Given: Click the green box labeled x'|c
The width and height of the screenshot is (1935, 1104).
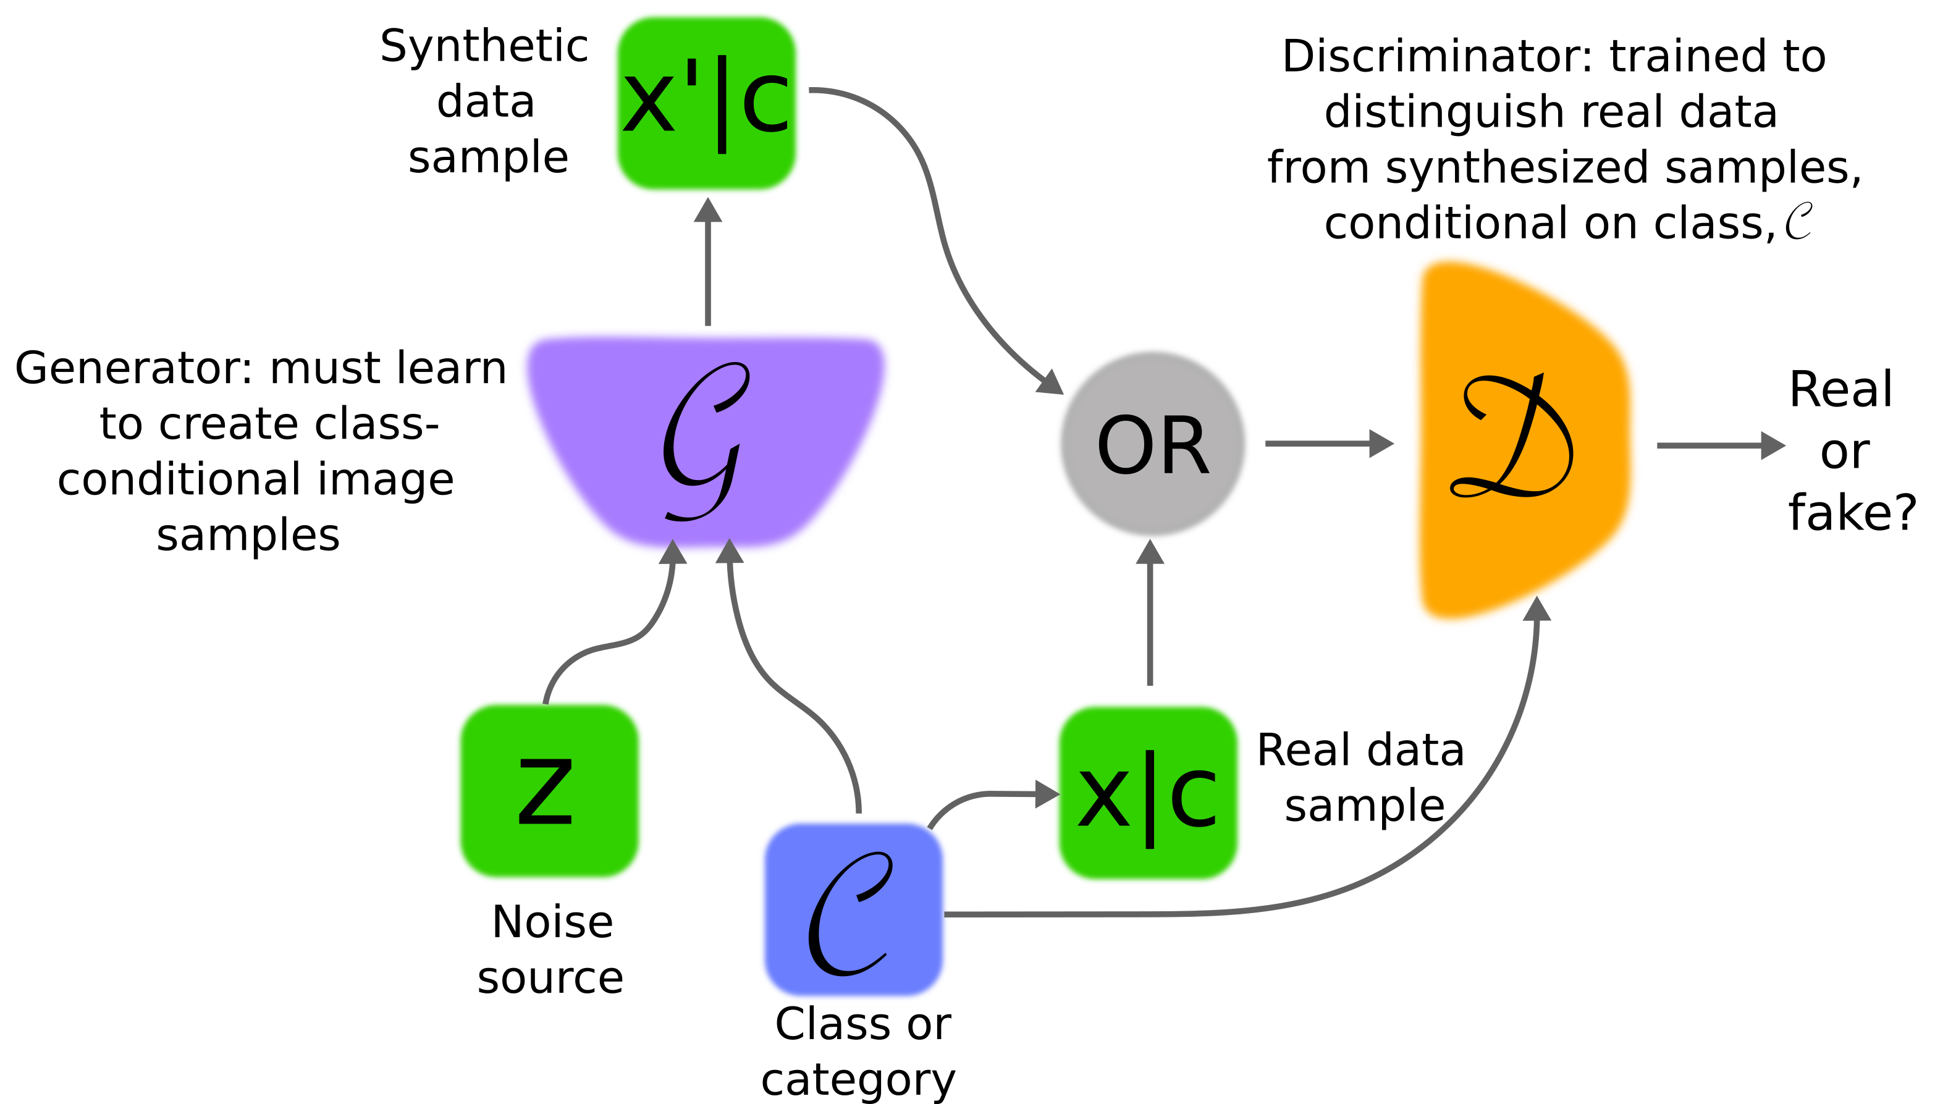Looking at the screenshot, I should click(706, 103).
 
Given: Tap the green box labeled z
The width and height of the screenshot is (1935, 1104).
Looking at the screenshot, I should click(549, 791).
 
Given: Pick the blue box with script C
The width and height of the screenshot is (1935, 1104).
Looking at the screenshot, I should click(853, 909).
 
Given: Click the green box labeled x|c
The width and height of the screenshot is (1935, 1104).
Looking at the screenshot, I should click(1147, 793).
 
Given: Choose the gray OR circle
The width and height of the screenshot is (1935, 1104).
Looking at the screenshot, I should click(1152, 444).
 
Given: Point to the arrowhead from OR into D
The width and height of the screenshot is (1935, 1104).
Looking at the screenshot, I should click(1381, 444).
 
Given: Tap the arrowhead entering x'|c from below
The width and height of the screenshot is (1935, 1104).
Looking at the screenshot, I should click(707, 211).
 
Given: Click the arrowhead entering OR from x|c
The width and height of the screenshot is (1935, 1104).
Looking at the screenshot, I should click(1150, 553).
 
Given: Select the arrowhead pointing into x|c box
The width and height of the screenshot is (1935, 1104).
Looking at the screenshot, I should click(1047, 794).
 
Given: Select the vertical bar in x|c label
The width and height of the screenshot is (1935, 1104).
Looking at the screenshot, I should click(1150, 798).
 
